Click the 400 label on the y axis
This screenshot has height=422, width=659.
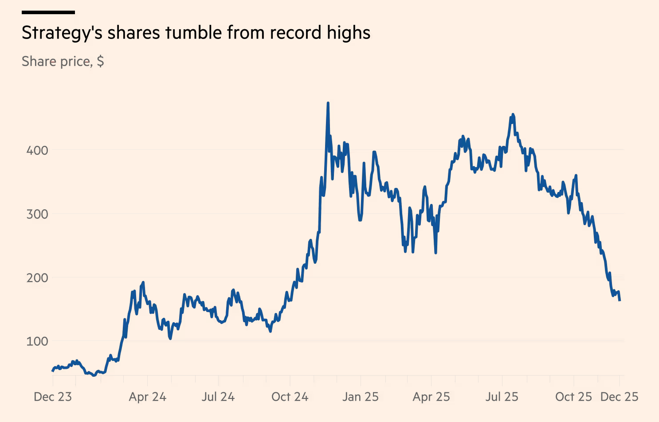(37, 150)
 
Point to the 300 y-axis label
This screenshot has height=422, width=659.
(37, 214)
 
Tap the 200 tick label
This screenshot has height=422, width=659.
(37, 278)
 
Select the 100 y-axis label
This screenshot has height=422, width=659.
(37, 341)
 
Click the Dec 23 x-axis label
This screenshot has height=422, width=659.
(53, 397)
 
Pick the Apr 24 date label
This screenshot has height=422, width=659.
(148, 397)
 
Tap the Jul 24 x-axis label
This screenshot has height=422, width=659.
(218, 397)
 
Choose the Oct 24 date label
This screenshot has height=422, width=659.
(290, 397)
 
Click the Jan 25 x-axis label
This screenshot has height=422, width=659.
(361, 397)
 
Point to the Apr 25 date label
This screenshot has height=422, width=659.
(431, 397)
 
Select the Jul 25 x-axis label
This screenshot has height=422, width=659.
(502, 397)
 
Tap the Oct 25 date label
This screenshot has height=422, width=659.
(574, 397)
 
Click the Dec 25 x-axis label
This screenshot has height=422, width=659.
(620, 397)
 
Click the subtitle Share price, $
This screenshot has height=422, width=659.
(63, 61)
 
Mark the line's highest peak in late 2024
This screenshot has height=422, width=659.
(328, 103)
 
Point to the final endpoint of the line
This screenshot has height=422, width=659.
(620, 301)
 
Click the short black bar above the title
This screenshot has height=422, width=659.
(48, 12)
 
